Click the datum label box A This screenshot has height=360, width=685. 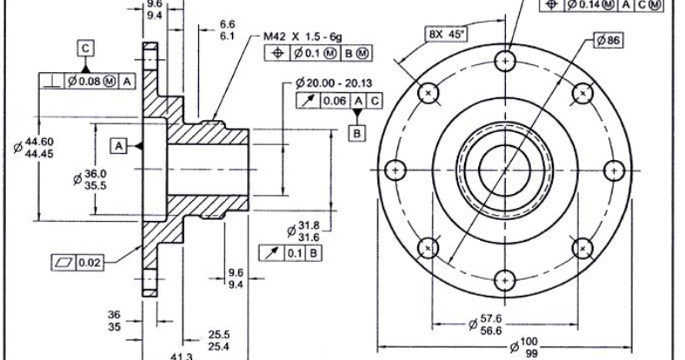pos(118,143)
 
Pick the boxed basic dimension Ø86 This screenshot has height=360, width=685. pos(611,40)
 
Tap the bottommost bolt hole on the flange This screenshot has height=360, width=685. pos(505,280)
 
